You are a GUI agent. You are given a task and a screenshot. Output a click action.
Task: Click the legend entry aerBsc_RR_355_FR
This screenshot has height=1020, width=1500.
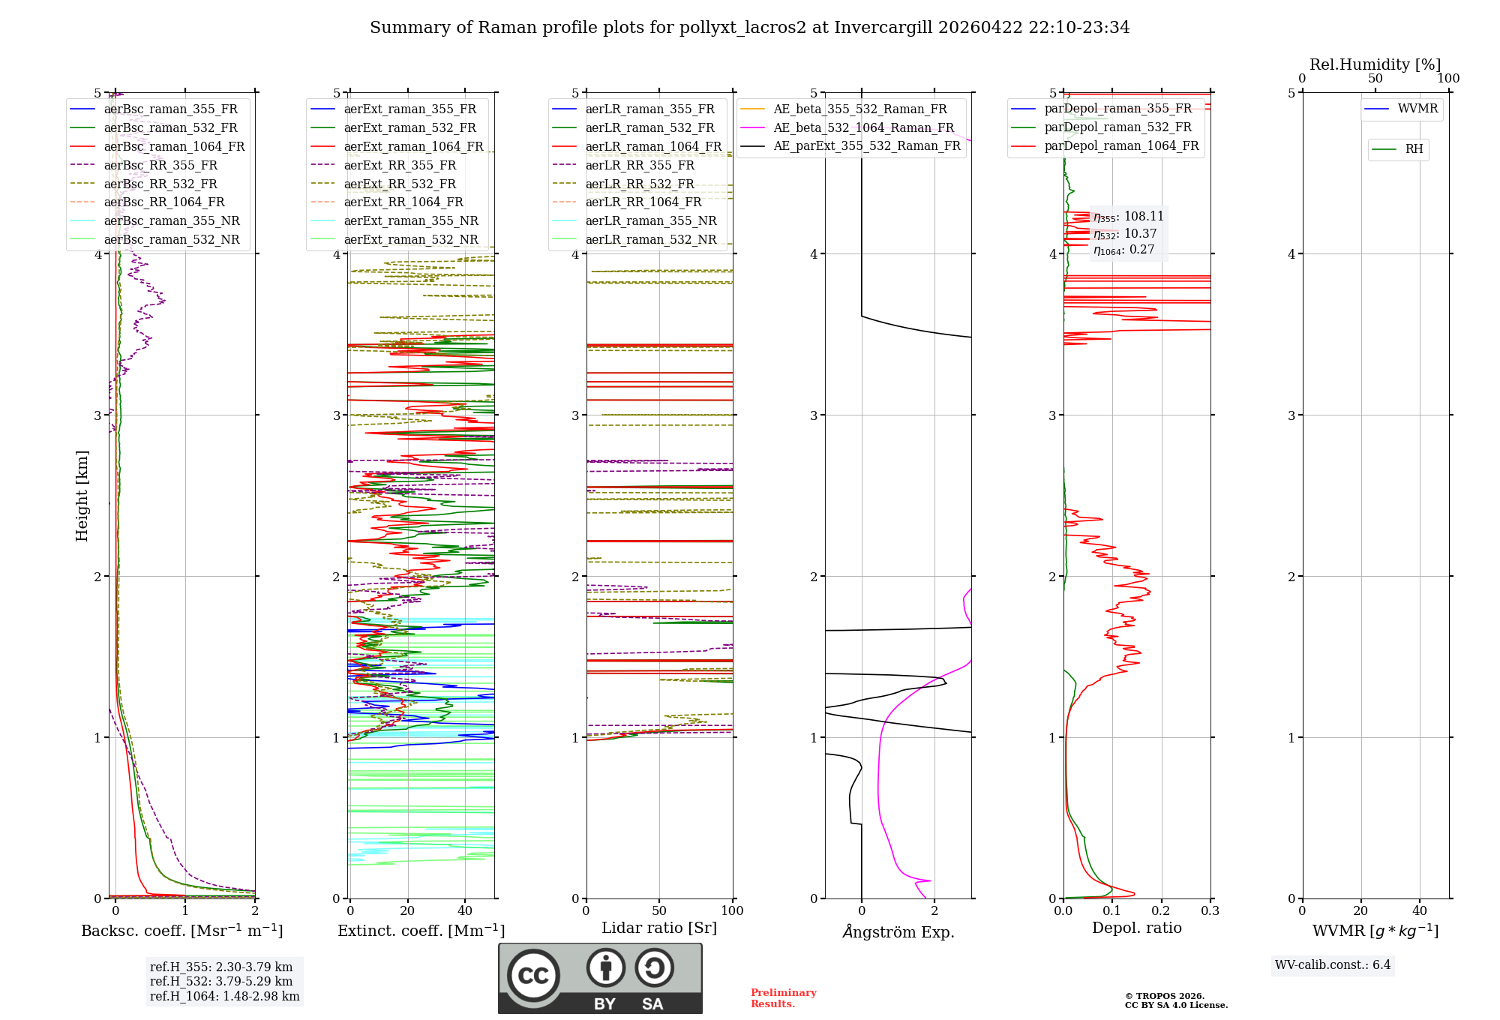click(160, 165)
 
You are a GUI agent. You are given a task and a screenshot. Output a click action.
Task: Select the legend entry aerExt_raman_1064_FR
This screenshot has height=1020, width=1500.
click(413, 146)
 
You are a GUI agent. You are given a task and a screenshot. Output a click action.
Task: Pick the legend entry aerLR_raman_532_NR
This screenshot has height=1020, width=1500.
click(650, 239)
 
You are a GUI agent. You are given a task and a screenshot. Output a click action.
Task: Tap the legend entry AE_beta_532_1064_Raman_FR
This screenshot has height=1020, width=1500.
click(863, 127)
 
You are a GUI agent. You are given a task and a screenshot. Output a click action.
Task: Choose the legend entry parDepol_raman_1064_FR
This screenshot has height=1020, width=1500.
click(1121, 145)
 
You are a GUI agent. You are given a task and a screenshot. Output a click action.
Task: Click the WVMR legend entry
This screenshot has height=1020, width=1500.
click(1417, 109)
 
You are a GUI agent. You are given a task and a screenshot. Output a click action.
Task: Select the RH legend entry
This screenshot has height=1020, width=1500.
click(1414, 149)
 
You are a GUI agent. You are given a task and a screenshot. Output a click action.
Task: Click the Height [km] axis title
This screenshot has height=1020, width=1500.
click(82, 495)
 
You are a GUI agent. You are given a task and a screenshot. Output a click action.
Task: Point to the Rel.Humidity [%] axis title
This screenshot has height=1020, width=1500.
click(1375, 64)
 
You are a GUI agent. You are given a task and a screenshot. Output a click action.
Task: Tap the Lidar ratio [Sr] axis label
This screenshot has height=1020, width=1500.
click(659, 928)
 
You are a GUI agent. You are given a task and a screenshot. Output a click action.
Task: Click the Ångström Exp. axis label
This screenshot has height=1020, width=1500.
click(898, 931)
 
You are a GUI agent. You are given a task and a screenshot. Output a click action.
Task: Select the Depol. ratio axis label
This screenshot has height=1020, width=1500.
click(1136, 928)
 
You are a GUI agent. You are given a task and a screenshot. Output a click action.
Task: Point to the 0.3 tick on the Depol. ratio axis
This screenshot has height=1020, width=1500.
click(1210, 910)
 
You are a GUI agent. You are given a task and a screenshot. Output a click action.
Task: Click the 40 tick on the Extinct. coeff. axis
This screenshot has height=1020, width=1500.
click(465, 910)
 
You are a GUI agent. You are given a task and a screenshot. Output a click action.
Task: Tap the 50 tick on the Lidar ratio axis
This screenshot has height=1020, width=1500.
click(659, 910)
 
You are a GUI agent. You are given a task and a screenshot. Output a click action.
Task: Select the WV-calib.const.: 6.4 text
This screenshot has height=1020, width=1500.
click(1332, 964)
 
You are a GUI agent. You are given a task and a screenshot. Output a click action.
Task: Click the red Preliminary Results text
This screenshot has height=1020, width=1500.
click(783, 998)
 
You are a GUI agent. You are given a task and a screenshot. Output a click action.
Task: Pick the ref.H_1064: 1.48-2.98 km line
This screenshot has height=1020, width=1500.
click(224, 996)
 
